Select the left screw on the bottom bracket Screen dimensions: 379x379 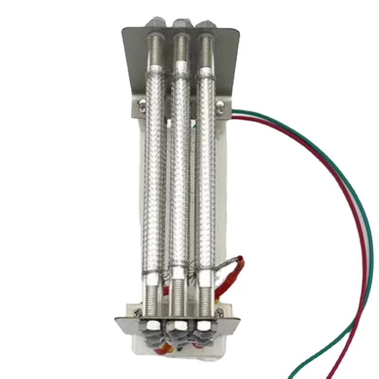click(x=137, y=312)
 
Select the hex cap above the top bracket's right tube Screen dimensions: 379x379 click(x=206, y=23)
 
